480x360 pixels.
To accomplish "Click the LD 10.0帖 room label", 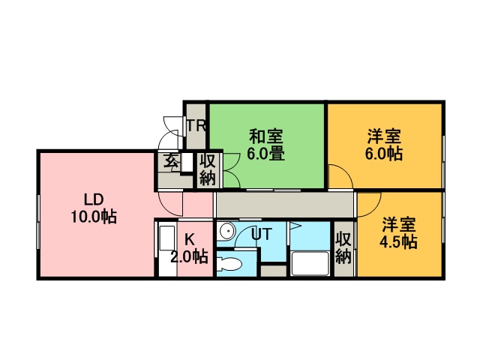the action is click(94, 208).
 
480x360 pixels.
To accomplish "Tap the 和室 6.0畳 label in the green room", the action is click(265, 145).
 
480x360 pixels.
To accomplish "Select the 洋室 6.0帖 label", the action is click(383, 145).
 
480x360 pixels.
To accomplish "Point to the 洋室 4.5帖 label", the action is click(398, 233).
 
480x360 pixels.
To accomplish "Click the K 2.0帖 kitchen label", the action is click(190, 248).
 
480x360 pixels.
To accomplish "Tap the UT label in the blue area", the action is click(261, 235).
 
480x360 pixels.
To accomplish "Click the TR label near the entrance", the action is click(196, 125).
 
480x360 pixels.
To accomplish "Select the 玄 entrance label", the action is click(171, 160).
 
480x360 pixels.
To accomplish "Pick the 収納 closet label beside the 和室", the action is click(208, 169).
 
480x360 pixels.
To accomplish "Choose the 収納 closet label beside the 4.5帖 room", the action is click(343, 248).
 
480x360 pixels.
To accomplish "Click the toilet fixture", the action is click(229, 263).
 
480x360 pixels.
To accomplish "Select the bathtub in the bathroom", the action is click(310, 263).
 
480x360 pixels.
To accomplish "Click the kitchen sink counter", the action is click(167, 249).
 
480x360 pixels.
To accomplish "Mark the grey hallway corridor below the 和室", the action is click(285, 205).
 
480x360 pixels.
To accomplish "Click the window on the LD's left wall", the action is click(38, 222).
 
